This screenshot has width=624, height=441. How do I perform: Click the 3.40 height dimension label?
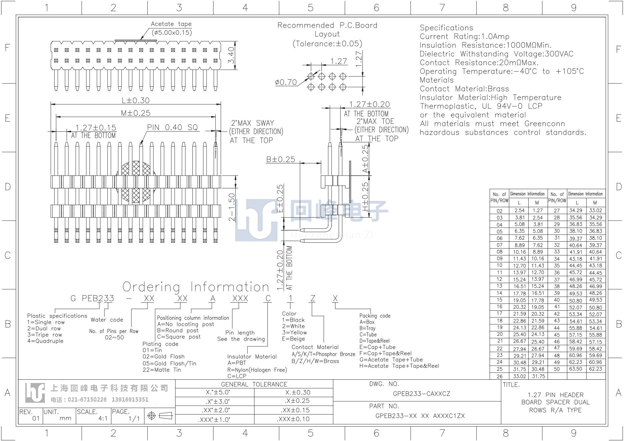[231, 56]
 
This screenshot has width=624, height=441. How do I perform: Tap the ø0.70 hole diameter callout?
[286, 82]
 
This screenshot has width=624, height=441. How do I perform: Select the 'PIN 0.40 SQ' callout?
[172, 127]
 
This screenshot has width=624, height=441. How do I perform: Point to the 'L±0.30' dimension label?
[135, 100]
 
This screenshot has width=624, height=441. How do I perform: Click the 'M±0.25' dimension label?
[136, 113]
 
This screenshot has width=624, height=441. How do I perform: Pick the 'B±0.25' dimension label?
[280, 159]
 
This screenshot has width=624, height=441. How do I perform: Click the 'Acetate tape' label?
[171, 24]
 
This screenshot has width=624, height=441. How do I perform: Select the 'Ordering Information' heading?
[196, 287]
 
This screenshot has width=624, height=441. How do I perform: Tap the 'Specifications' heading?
[446, 28]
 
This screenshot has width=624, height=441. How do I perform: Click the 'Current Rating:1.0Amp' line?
[465, 36]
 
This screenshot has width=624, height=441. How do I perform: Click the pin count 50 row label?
[557, 369]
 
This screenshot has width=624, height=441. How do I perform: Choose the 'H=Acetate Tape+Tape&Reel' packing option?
[399, 366]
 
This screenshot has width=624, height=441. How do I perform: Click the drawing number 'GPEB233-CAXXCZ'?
[422, 394]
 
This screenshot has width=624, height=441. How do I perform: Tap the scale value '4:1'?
[103, 418]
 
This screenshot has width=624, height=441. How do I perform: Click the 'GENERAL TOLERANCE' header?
[254, 384]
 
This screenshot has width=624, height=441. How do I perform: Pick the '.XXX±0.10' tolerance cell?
[293, 419]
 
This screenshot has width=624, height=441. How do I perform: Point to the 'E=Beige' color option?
[293, 339]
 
